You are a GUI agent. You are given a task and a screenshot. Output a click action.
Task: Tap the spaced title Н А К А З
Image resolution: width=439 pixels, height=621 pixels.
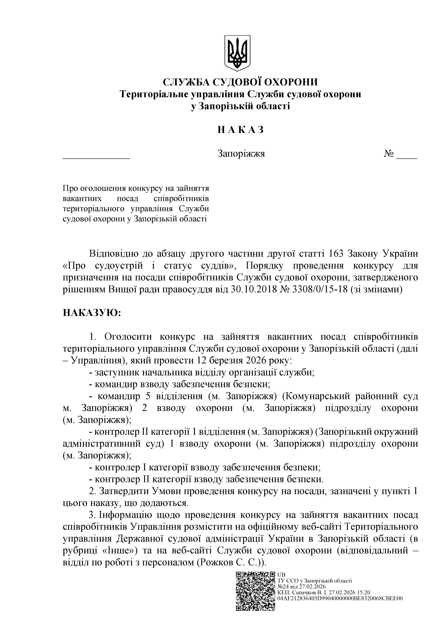pyautogui.click(x=240, y=130)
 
